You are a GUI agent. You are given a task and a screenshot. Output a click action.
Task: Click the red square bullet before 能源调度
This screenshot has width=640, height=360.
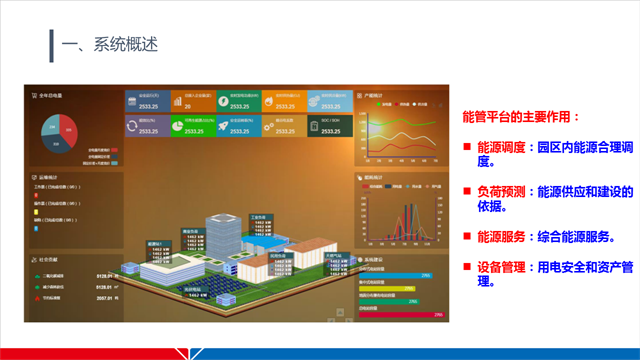tap(467, 148)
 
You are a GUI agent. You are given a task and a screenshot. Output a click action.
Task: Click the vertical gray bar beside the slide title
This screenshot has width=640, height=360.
tap(51, 45)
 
